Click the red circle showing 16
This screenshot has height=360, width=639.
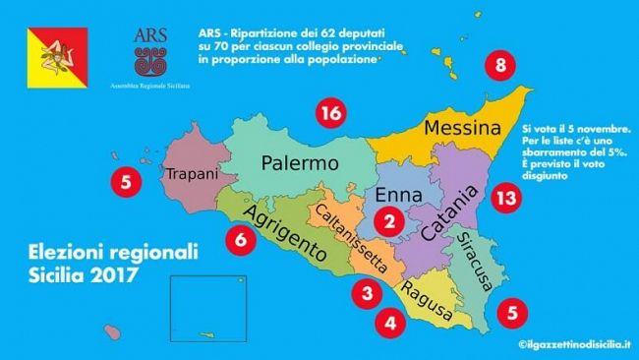click(x=331, y=115)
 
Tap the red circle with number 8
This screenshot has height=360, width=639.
click(x=501, y=68)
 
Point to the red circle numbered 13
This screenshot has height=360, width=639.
click(x=505, y=197)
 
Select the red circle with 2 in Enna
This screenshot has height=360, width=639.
click(x=390, y=222)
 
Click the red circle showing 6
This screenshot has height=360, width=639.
click(x=239, y=238)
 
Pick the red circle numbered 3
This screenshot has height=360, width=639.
click(x=367, y=293)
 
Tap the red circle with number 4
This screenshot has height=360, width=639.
click(x=390, y=321)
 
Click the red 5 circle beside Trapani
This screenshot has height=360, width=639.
click(x=125, y=181)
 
